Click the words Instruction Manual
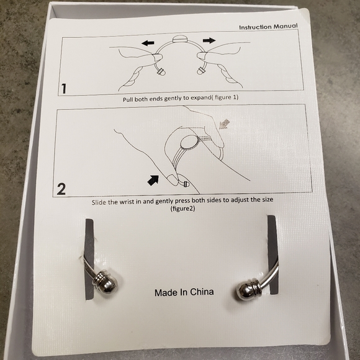point(268,27)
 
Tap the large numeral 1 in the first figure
point(63,89)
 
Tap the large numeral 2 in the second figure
point(61,189)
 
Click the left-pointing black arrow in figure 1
point(148,43)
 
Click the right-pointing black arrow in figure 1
point(209,40)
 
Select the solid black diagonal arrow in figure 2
point(153,180)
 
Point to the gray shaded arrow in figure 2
point(224,124)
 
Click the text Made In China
point(184,292)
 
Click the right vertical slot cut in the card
point(272,254)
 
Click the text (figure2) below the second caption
point(182,209)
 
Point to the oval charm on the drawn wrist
point(189,143)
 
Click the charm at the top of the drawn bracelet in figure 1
point(180,38)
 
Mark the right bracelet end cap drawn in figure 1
point(200,71)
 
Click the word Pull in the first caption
point(128,100)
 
